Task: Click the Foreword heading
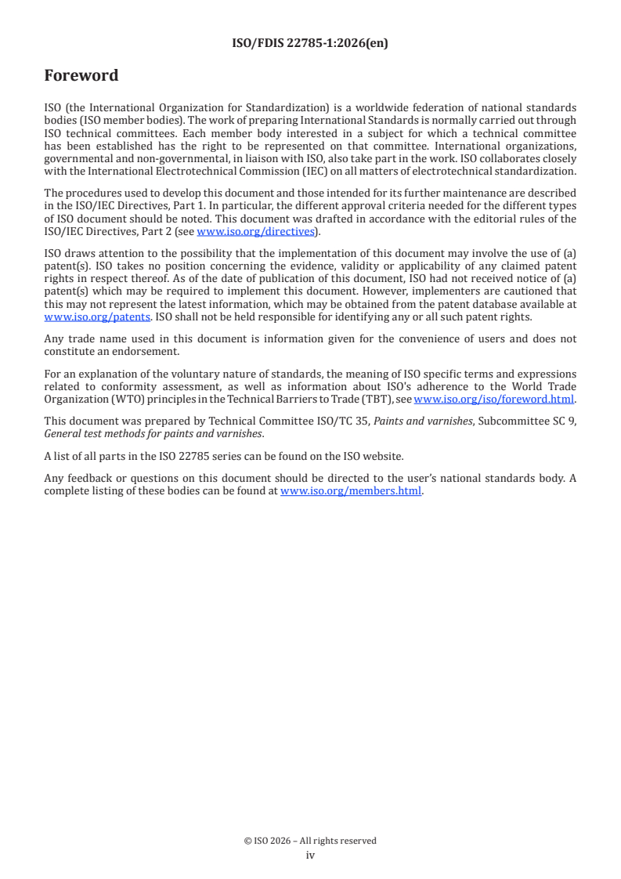pyautogui.click(x=81, y=76)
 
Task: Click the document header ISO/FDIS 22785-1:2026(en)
pyautogui.click(x=310, y=44)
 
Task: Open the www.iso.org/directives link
pyautogui.click(x=255, y=232)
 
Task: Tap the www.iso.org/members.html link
pyautogui.click(x=351, y=491)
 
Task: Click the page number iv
pyautogui.click(x=310, y=855)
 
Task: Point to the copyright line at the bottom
pyautogui.click(x=310, y=841)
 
